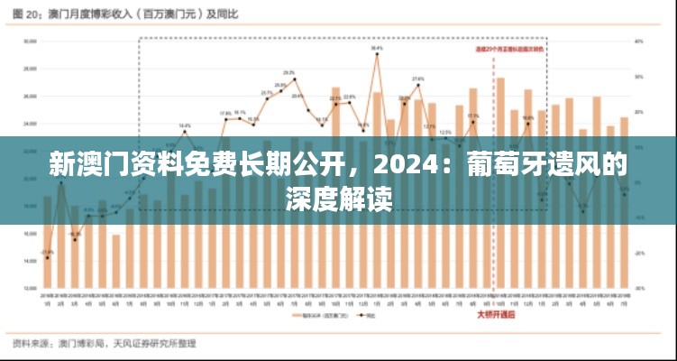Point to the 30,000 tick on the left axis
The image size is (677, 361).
coord(30,41)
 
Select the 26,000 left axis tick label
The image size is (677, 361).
coord(30,96)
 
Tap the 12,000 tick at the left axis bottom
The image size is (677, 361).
coord(30,289)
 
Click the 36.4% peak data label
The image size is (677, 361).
coord(377,48)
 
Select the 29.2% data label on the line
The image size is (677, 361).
coord(289,72)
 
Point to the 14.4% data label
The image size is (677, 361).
coord(184,125)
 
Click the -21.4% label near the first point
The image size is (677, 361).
coord(47,252)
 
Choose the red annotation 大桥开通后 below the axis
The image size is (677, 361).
coord(496,315)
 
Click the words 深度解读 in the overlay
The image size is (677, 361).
coord(338,199)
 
